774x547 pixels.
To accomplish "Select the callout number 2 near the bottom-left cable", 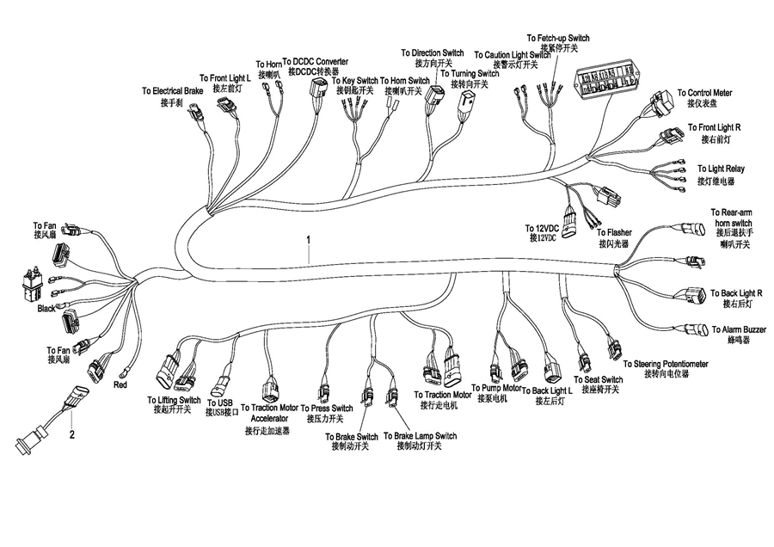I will [72, 433].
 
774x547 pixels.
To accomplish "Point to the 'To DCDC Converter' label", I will [315, 62].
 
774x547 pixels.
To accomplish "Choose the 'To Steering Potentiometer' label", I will [666, 364].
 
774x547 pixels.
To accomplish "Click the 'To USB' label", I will [220, 402].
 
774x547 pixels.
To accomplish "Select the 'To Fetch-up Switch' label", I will [558, 38].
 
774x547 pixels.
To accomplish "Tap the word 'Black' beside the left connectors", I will [46, 307].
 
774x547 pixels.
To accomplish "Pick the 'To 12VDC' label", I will [544, 228].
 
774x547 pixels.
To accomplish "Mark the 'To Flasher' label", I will [614, 232].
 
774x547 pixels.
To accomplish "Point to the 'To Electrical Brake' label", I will [173, 90].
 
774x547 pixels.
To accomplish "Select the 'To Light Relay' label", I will [721, 169].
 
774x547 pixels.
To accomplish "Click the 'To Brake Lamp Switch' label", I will [420, 436].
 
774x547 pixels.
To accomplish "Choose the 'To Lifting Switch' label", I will [174, 400].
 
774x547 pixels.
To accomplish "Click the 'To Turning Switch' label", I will [470, 74].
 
